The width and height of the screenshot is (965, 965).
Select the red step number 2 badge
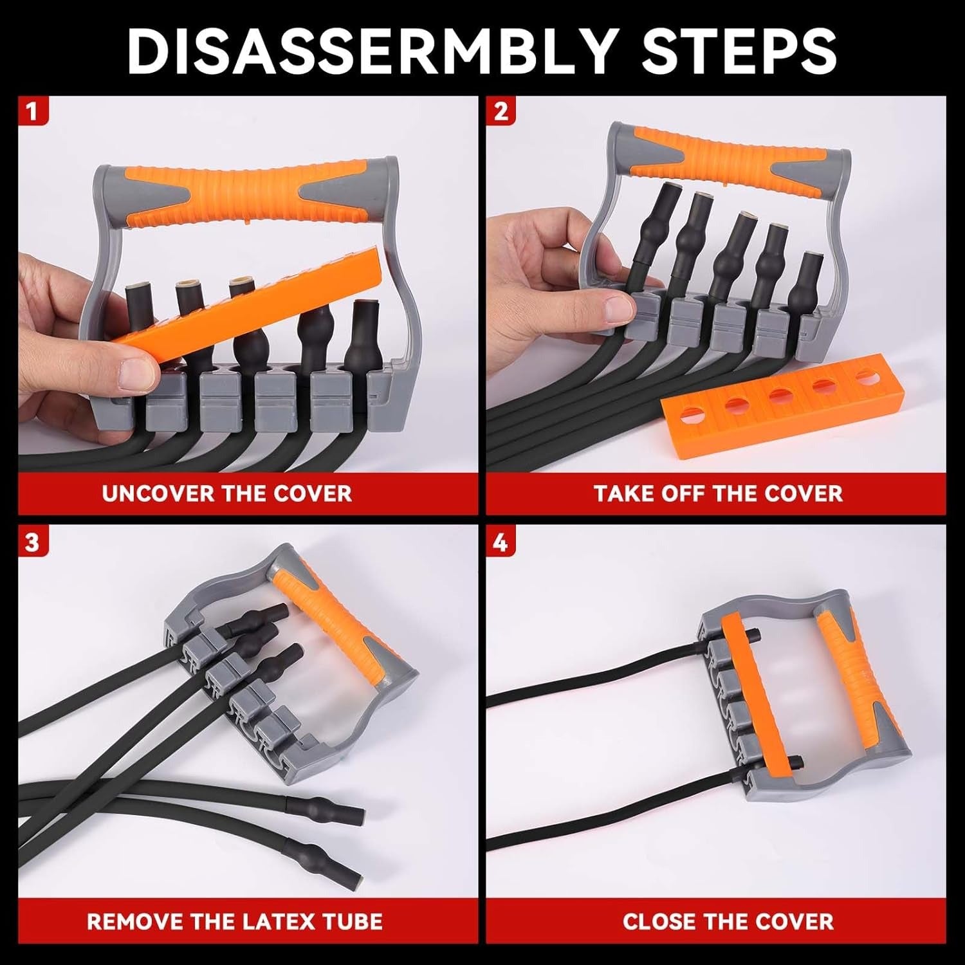[x=501, y=111]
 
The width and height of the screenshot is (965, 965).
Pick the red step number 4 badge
[x=501, y=542]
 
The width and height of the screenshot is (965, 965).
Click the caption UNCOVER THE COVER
[x=226, y=493]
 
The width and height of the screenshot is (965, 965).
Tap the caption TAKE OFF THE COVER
[x=717, y=493]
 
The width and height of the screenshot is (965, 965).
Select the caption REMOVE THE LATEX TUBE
[x=235, y=921]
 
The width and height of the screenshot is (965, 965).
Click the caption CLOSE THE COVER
[x=728, y=921]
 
